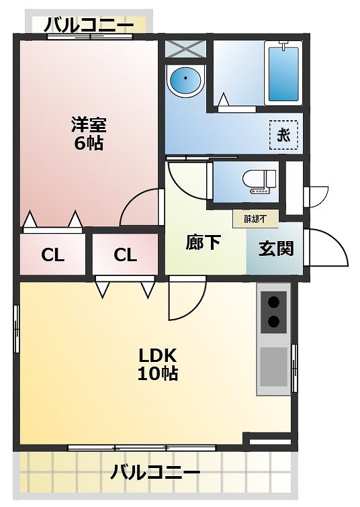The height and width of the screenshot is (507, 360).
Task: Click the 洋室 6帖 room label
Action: (x=88, y=133)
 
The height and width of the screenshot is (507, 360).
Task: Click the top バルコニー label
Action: (x=89, y=26)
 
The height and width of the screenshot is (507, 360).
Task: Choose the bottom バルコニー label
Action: (x=155, y=473)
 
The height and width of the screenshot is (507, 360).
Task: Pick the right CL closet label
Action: (x=125, y=255)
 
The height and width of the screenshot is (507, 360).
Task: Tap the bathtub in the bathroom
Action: (x=282, y=73)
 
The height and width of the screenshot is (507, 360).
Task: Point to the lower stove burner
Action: (x=274, y=322)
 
